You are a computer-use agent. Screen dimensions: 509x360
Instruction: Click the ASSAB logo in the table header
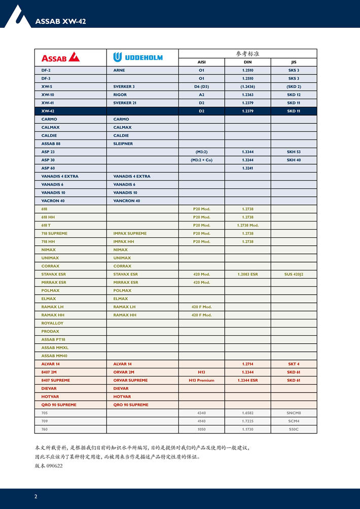tap(60, 57)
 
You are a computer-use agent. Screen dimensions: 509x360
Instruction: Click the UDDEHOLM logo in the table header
tap(138, 57)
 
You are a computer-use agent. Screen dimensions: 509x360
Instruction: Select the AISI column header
tap(201, 62)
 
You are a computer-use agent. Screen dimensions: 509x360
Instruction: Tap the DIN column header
tap(247, 62)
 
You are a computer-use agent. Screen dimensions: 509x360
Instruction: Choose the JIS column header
tap(294, 62)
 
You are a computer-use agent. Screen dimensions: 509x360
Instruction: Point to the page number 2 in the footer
tap(35, 496)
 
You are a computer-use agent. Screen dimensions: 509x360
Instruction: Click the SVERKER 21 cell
tap(125, 103)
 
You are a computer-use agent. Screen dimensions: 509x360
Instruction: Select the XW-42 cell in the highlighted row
tap(48, 111)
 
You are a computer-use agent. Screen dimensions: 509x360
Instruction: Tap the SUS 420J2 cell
tap(294, 274)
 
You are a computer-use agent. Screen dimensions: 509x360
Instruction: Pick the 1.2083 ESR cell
tap(247, 274)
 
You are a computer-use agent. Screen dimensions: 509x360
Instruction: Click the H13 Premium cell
tap(201, 380)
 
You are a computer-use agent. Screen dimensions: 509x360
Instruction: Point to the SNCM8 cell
tap(294, 413)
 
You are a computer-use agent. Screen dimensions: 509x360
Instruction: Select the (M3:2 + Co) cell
tap(201, 160)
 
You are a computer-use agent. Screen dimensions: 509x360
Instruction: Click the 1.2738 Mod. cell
tap(247, 225)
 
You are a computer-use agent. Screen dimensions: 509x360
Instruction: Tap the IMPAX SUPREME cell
tap(130, 233)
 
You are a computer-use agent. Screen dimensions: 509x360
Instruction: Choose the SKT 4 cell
tap(294, 364)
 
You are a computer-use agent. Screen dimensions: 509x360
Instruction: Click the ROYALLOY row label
tap(52, 323)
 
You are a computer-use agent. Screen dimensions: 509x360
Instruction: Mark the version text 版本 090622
tap(49, 465)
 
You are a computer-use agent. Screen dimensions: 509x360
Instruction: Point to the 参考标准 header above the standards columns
tap(247, 53)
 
